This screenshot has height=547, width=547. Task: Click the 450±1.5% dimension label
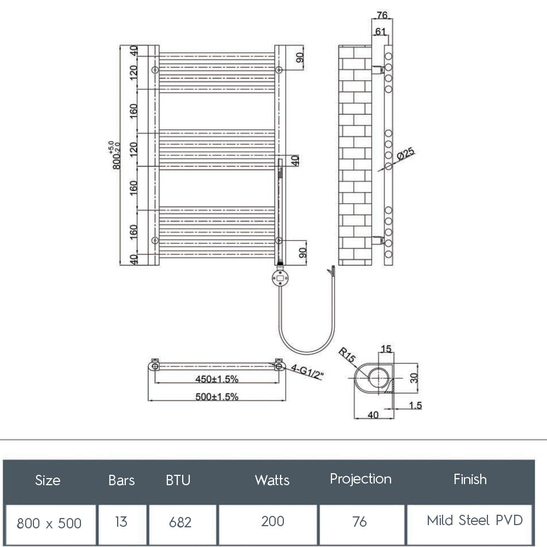coord(217,379)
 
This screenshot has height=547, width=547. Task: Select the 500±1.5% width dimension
coord(217,397)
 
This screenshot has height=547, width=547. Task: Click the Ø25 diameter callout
coord(405,154)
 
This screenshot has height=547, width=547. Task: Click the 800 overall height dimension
coord(115,155)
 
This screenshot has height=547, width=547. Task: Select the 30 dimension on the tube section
coord(414,377)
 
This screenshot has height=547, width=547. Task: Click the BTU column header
coord(178,480)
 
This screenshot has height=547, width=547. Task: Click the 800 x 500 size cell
coord(49,523)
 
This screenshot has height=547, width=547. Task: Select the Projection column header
coord(360,479)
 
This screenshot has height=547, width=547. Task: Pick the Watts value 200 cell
coord(272,521)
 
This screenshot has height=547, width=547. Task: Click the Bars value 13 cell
coord(121,521)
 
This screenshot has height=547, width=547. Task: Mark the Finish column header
coord(470,480)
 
